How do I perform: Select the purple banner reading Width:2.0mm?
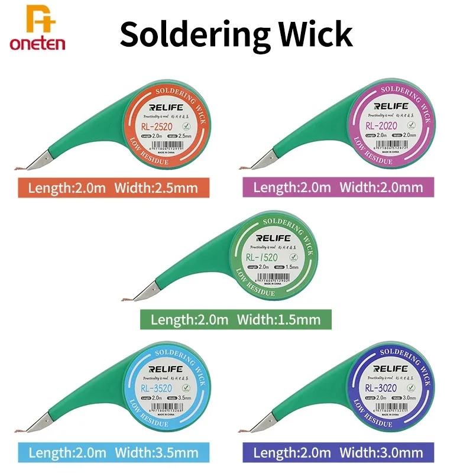point(338,188)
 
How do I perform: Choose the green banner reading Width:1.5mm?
point(235,320)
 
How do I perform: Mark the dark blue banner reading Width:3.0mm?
point(338,453)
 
